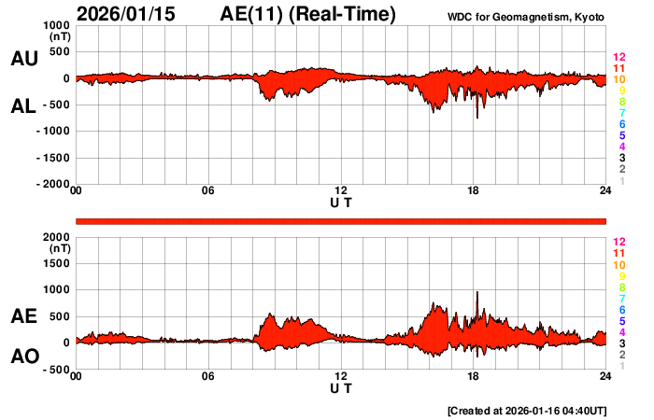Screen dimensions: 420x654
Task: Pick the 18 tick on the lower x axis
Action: (474, 377)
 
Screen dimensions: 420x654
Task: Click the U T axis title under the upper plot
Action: (341, 202)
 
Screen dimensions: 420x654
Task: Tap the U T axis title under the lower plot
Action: (341, 386)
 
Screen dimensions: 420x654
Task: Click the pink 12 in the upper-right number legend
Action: (618, 58)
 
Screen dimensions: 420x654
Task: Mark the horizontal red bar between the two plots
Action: (341, 220)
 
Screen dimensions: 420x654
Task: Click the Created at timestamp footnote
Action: (528, 411)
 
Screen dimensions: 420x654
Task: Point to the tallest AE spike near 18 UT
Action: (476, 294)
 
